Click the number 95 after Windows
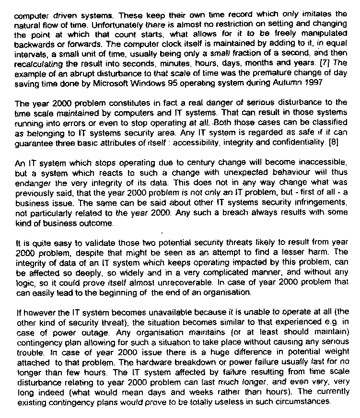188,83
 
